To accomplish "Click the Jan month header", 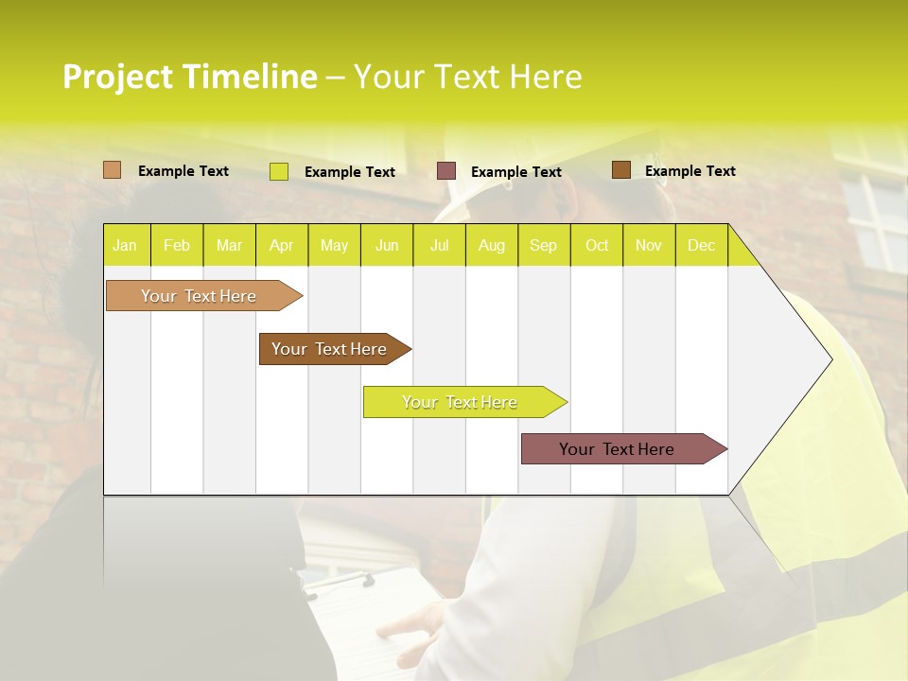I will tap(125, 246).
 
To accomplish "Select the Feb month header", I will tap(177, 246).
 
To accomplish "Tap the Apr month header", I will tap(282, 246).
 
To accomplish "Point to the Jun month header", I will tap(387, 246).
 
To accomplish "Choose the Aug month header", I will tap(492, 246).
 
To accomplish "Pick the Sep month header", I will tap(544, 246).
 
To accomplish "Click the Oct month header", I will tap(597, 246).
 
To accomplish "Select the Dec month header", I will tap(702, 246).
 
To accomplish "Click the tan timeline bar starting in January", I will tap(199, 296).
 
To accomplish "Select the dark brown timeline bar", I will tap(329, 349).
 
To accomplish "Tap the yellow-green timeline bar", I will tap(460, 402).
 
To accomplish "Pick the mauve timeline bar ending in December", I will tap(617, 449).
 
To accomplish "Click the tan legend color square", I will tap(113, 170).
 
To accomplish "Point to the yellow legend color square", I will tap(279, 171).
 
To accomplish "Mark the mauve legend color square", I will tap(446, 171).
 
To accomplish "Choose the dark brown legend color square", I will tap(621, 170).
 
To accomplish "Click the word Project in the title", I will tap(118, 77).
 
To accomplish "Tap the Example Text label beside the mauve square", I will tap(516, 172).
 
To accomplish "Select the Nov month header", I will tap(649, 246).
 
